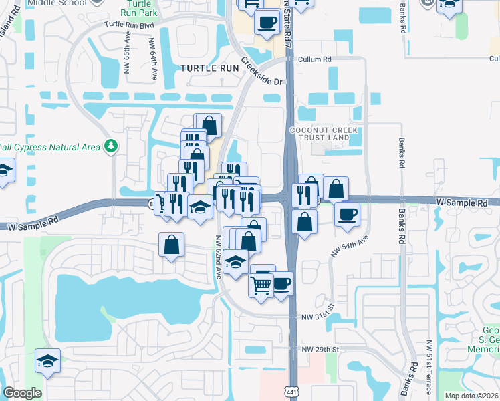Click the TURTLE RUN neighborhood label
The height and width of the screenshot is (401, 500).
pos(209,68)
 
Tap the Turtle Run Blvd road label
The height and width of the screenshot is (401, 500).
pos(130,24)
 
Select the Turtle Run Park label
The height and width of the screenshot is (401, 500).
pos(140,8)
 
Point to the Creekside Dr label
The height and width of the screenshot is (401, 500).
pos(261,72)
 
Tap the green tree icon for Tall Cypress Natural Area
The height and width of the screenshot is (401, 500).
pos(112,146)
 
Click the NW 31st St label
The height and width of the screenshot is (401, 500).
pos(316,317)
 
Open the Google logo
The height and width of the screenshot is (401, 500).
pos(22,393)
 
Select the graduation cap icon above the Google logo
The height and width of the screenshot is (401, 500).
pos(47,361)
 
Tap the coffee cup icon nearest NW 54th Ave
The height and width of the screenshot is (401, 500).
pos(347,214)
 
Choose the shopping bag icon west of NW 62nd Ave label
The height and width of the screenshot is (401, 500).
pos(172,245)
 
